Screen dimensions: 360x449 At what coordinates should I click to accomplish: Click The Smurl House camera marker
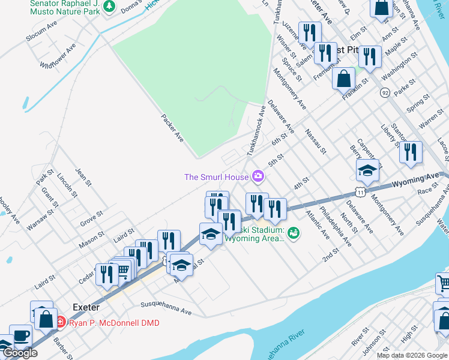[259, 176]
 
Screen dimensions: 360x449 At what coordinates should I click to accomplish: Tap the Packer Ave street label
[172, 128]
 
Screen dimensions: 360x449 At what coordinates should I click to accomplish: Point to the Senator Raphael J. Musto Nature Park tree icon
[109, 6]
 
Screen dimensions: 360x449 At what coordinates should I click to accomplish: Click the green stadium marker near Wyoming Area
[294, 232]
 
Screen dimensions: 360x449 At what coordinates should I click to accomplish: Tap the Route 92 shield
[385, 92]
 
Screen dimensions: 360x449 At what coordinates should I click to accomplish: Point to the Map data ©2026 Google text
[411, 355]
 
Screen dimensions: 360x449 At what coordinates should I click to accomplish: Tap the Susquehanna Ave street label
[165, 308]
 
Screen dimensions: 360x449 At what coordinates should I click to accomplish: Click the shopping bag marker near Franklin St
[343, 79]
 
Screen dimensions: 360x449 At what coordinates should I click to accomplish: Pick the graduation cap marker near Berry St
[367, 170]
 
